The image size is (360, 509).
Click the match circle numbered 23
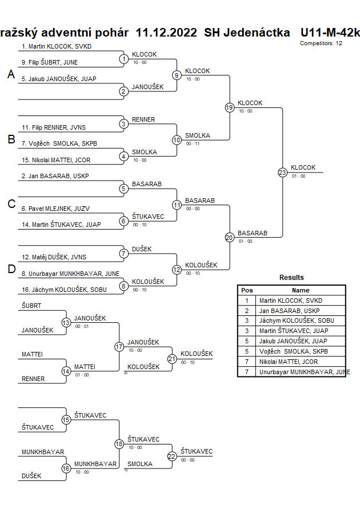click(282, 172)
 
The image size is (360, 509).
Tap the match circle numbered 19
click(229, 107)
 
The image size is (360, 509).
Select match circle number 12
click(177, 270)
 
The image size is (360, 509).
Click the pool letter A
click(11, 75)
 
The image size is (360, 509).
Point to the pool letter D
click(11, 270)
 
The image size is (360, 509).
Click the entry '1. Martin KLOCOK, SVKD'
click(57, 46)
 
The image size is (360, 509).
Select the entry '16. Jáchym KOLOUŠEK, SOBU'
click(64, 290)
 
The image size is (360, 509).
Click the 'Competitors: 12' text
click(321, 43)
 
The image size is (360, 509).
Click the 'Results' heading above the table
click(291, 278)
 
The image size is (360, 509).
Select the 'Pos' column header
click(247, 290)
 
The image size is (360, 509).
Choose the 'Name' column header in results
click(301, 290)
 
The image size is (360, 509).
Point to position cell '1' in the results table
click(247, 300)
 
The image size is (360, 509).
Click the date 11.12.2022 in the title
click(167, 32)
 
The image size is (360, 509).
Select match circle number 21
click(172, 358)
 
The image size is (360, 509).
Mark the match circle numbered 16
click(66, 468)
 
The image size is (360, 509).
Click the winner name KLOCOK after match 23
click(303, 167)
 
